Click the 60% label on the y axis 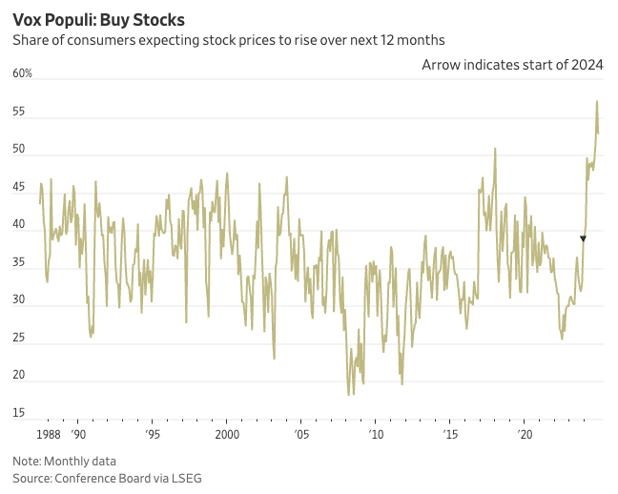pos(22,73)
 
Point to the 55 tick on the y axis pos(19,113)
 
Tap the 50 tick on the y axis pos(19,151)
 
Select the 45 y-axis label pos(19,188)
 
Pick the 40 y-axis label pos(19,226)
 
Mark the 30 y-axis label pos(19,301)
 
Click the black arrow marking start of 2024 pos(583,238)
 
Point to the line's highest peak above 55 pos(597,101)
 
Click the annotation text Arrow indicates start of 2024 pos(512,64)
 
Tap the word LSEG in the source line pos(185,477)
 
